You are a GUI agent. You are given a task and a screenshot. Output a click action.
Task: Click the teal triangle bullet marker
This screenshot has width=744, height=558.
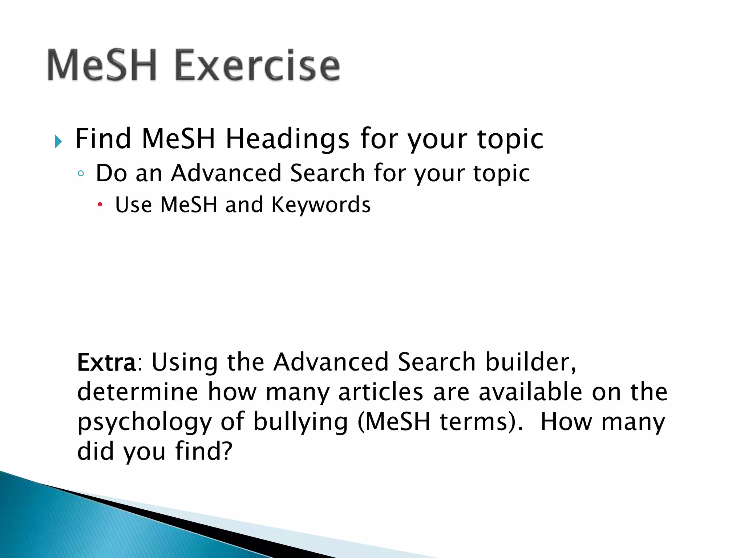pos(58,141)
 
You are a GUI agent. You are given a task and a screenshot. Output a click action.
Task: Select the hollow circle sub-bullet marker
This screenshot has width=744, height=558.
pos(81,174)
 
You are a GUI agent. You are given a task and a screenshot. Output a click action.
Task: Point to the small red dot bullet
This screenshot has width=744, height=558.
pos(100,205)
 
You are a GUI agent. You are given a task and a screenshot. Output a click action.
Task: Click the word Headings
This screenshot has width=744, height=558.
pos(287,139)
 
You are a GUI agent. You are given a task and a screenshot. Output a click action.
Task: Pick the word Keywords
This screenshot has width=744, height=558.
pos(321,205)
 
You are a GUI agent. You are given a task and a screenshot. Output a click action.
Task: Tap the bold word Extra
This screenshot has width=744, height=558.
pos(106,363)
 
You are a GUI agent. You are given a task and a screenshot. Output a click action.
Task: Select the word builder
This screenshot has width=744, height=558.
pos(530,363)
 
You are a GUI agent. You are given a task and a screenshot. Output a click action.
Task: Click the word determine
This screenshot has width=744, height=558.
pos(137,392)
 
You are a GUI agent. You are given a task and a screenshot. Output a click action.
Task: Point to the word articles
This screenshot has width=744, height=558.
pos(381,392)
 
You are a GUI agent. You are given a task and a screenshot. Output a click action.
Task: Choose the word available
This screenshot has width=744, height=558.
pos(530,392)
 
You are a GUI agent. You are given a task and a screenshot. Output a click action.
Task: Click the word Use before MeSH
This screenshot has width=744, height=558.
pos(133,205)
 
